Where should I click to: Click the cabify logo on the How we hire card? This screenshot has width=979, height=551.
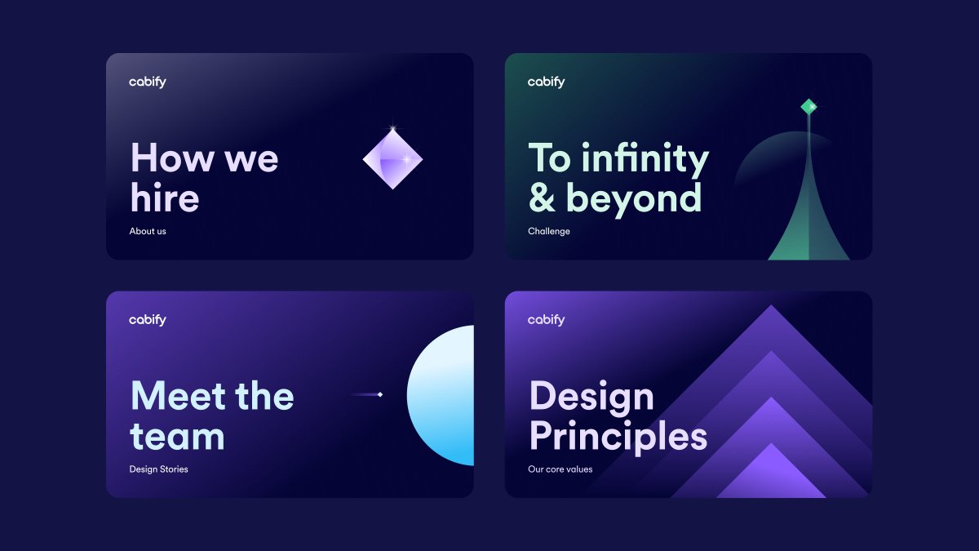pyautogui.click(x=147, y=82)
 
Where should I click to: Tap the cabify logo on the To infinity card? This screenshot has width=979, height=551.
pyautogui.click(x=546, y=82)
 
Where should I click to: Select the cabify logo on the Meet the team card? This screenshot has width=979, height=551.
pyautogui.click(x=147, y=320)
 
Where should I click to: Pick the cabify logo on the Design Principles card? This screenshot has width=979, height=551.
pyautogui.click(x=546, y=320)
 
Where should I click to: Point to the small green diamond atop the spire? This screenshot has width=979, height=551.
pyautogui.click(x=808, y=106)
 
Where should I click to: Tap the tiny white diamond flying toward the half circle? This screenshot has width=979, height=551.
pyautogui.click(x=380, y=395)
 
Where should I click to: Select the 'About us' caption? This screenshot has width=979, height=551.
pyautogui.click(x=148, y=231)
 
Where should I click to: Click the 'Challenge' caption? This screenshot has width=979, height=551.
pyautogui.click(x=549, y=231)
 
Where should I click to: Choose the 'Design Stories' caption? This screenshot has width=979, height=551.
pyautogui.click(x=158, y=469)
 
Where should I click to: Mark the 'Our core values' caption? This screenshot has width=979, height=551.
pyautogui.click(x=560, y=469)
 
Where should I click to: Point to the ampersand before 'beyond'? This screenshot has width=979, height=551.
pyautogui.click(x=541, y=198)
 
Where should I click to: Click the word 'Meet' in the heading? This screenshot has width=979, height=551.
pyautogui.click(x=176, y=396)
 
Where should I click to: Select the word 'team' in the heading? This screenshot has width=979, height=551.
pyautogui.click(x=177, y=437)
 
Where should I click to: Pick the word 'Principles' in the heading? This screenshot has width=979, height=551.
pyautogui.click(x=618, y=437)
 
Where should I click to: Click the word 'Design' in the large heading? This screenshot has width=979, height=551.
pyautogui.click(x=591, y=397)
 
